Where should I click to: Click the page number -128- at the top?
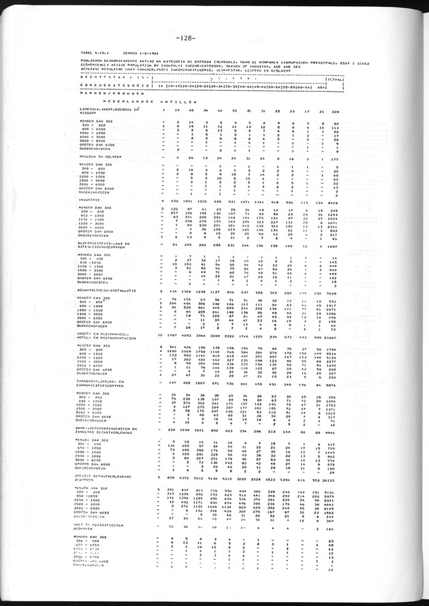186,37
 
